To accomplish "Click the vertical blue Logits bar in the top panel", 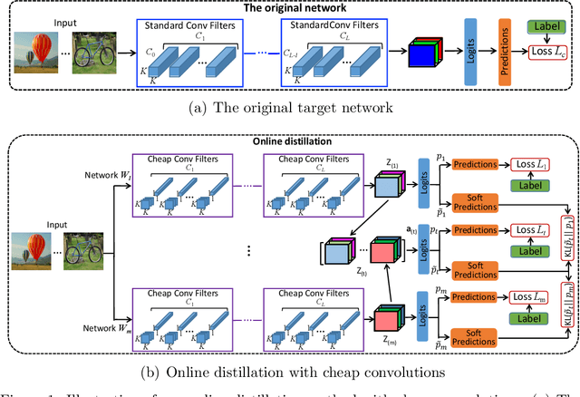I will click(469, 53).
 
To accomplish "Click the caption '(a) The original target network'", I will click(290, 110).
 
